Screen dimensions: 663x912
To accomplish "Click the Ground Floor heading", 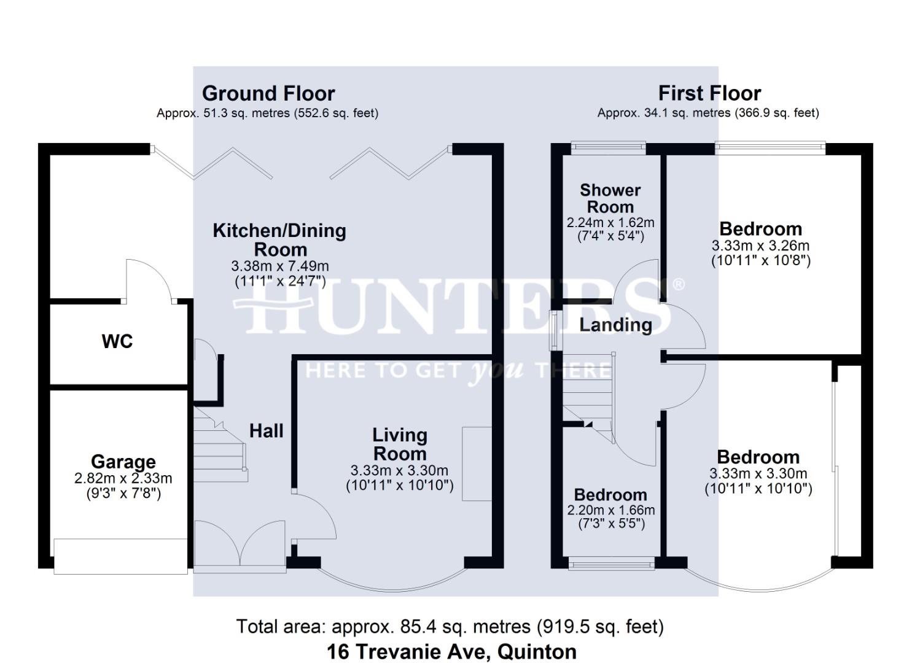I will tap(268, 93).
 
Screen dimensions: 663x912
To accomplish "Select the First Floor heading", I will tap(709, 93).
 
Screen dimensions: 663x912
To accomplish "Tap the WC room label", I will tap(117, 341).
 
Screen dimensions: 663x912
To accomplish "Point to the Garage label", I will tap(123, 462).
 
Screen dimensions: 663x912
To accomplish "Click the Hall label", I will tap(266, 431).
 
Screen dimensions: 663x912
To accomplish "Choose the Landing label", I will tap(615, 325).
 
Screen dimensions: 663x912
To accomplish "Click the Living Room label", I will tap(400, 444).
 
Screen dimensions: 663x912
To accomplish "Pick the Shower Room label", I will tap(610, 198).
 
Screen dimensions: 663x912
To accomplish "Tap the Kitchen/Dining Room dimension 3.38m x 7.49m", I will tap(279, 266).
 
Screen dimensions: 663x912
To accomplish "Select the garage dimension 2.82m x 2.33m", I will tap(123, 478).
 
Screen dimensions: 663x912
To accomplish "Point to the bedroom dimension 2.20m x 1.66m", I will tap(610, 510).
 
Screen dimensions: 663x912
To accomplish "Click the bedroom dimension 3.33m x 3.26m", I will tap(760, 246).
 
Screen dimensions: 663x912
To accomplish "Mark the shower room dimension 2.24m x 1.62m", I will tap(610, 222).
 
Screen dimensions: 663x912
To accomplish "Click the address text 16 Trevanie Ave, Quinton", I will tap(451, 651).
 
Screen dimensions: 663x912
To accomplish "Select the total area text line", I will tap(450, 627).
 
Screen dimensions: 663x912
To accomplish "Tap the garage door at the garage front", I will tap(120, 556).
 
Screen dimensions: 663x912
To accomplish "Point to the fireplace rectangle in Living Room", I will tap(477, 463).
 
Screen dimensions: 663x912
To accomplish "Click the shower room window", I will tap(608, 146).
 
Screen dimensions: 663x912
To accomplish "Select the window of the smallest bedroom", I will tap(611, 563).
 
